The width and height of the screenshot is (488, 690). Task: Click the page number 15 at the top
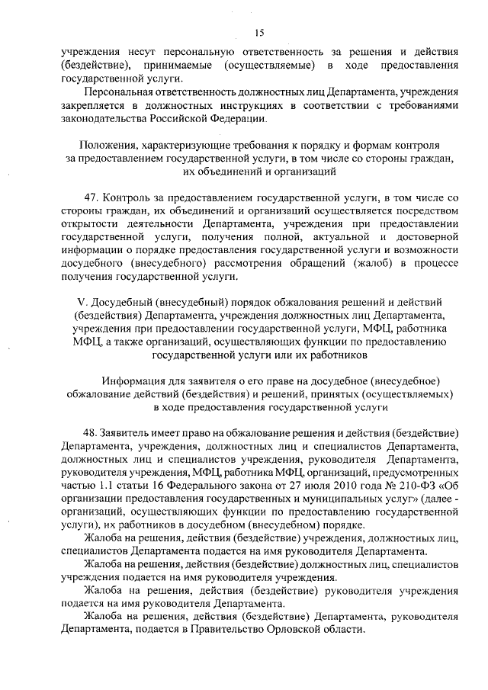259,31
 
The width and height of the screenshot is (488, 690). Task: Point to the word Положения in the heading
112,144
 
